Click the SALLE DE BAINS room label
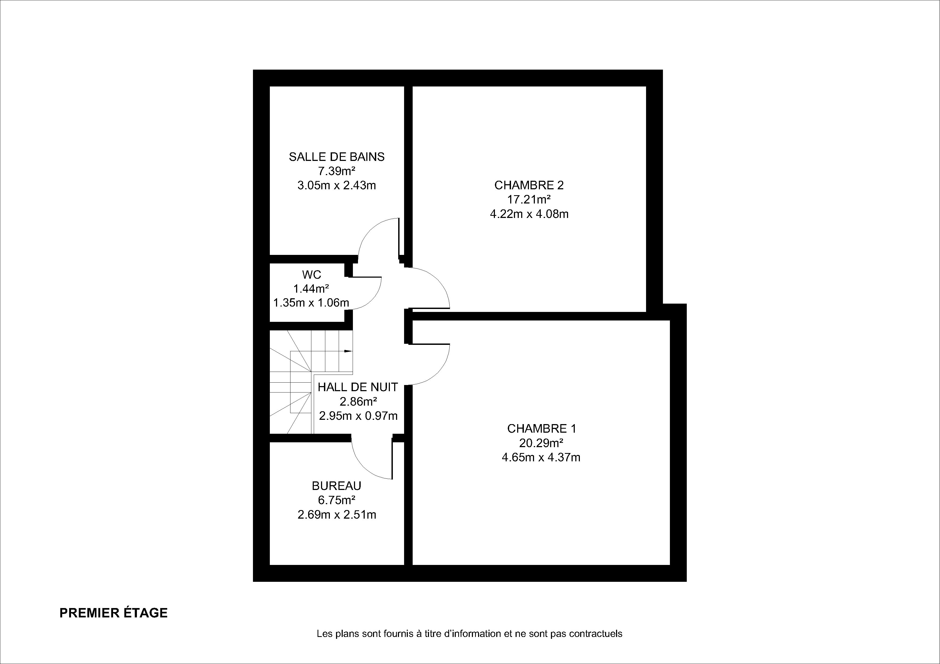coord(337,157)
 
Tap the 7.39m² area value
coord(337,171)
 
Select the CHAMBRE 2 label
coord(529,185)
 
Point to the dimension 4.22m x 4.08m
coord(529,214)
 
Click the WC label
coord(312,274)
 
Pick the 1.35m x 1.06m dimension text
coord(311,303)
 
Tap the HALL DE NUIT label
coord(358,387)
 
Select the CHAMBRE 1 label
coord(542,429)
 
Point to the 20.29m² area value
coord(541,443)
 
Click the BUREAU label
coord(337,486)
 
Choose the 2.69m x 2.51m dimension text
coord(337,515)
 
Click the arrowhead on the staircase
coord(348,351)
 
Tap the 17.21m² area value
coord(529,200)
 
